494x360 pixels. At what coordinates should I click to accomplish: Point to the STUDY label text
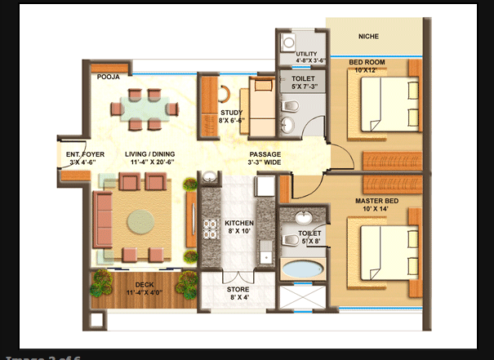(x=230, y=116)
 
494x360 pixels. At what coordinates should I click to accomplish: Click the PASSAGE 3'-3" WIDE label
(x=265, y=158)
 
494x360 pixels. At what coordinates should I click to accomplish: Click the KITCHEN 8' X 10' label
(x=239, y=227)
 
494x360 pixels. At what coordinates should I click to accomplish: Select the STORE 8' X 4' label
(x=238, y=293)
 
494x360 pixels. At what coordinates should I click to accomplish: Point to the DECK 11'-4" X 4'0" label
(x=145, y=288)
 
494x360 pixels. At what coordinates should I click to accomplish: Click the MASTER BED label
(x=376, y=204)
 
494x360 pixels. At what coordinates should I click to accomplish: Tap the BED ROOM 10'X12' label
(x=368, y=66)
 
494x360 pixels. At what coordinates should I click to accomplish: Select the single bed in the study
(x=262, y=107)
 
